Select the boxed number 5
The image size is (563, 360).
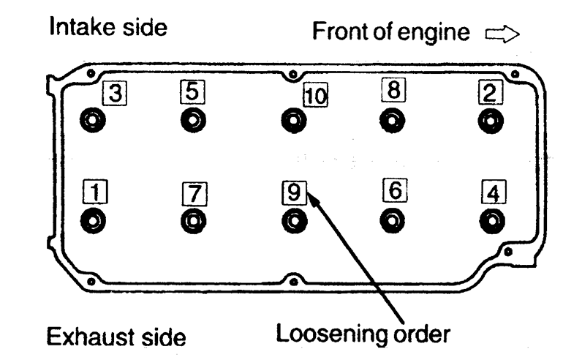coord(192,91)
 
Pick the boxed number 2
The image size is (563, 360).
coord(488,92)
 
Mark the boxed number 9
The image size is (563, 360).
coord(293,192)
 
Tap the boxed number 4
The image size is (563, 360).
coord(493,193)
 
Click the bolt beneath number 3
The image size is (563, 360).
coord(95,121)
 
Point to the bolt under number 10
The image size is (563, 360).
coord(293,121)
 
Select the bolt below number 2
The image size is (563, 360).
coord(491,121)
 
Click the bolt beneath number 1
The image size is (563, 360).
coord(95,220)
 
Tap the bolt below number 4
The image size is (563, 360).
coord(492,220)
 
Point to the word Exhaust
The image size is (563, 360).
coord(83,338)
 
